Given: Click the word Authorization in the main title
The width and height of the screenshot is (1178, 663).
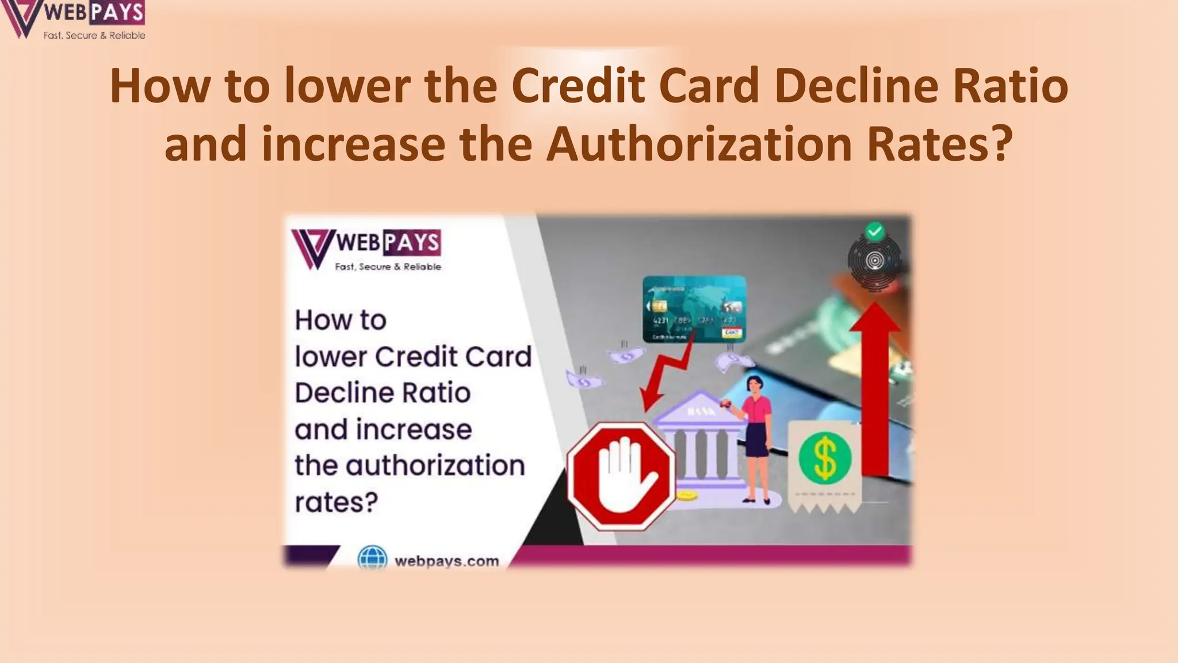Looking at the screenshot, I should click(x=698, y=144).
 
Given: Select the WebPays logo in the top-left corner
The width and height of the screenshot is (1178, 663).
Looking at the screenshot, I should click(x=74, y=20).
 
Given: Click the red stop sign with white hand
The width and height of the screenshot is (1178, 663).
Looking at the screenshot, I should click(x=621, y=476).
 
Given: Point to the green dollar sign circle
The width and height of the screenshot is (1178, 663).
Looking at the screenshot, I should click(x=825, y=458).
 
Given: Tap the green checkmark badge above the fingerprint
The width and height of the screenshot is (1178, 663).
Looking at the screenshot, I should click(x=875, y=231).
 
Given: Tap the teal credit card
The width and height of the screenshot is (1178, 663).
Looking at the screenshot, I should click(x=694, y=309).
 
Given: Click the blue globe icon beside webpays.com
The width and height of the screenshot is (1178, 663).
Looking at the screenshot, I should click(x=372, y=559).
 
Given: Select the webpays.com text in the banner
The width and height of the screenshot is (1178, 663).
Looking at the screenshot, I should click(x=447, y=561).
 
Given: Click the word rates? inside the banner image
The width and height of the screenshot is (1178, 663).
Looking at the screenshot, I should click(x=336, y=502).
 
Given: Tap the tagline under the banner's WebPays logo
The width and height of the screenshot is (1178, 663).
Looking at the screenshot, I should click(x=388, y=266).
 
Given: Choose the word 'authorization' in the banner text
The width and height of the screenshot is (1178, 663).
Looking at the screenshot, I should click(x=435, y=465).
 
